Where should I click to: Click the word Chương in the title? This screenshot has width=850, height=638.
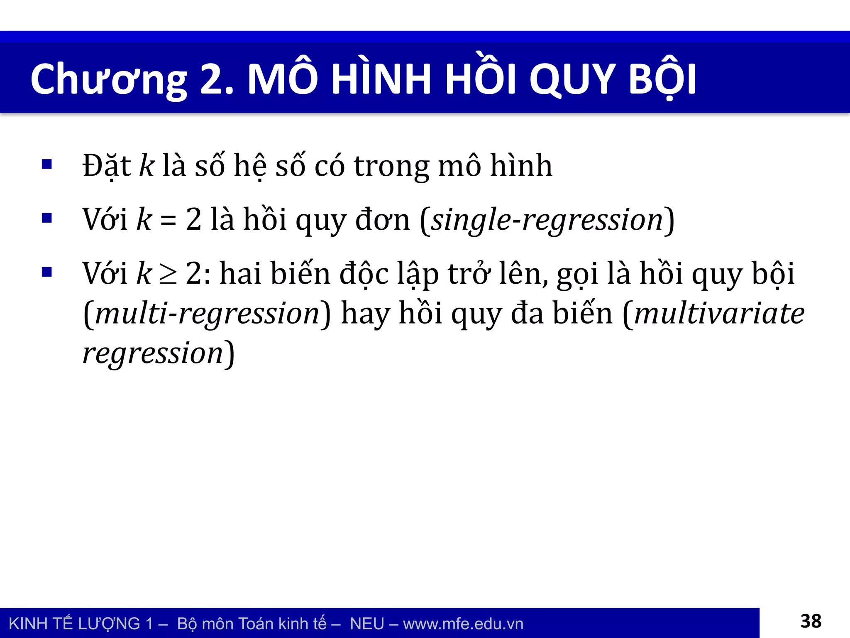pos(109,80)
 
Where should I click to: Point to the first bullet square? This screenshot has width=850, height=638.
pos(47,164)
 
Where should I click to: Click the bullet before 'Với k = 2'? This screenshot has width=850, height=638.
pos(47,218)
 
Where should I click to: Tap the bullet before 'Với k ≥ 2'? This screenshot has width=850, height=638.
pos(47,272)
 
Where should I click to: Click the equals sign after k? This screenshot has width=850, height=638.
pos(169,221)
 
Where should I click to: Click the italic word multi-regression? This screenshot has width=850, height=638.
pos(207,314)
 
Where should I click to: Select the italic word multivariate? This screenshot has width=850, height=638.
pos(719,314)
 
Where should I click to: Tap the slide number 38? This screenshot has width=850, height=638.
pos(811,621)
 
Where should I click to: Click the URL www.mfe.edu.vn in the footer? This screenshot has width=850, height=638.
pos(463,624)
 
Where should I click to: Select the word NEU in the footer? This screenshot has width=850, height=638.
pos(367,624)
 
